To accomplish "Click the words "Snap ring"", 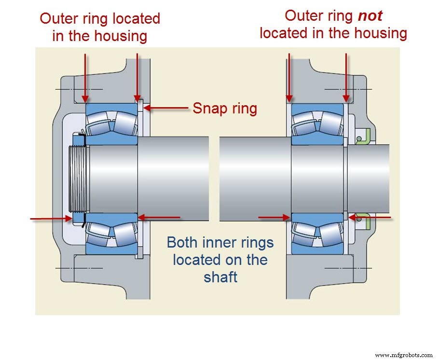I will tap(225, 108).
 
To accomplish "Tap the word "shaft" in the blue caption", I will tap(220, 277).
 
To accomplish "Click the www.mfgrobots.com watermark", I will tap(404, 355).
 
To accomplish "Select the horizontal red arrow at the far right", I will tap(371, 218).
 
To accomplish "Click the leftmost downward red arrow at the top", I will tap(85, 77).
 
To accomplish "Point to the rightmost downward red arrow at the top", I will tap(346, 77).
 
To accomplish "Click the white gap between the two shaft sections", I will tap(214, 179).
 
